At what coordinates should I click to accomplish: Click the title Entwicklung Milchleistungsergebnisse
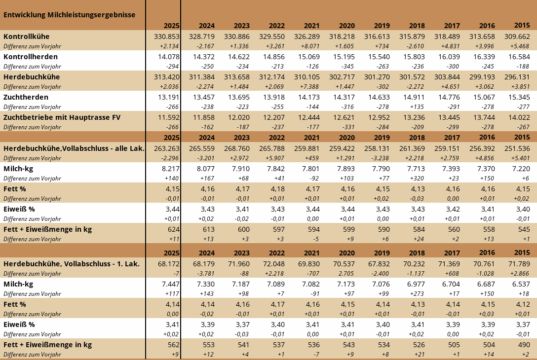click(x=69, y=15)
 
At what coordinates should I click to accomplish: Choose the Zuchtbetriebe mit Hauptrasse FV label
click(x=62, y=117)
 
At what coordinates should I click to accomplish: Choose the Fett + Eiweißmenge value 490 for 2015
click(x=524, y=345)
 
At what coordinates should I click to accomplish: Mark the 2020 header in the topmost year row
click(x=347, y=26)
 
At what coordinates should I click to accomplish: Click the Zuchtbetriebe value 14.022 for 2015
click(x=518, y=117)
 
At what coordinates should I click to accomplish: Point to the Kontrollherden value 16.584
click(x=518, y=57)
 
